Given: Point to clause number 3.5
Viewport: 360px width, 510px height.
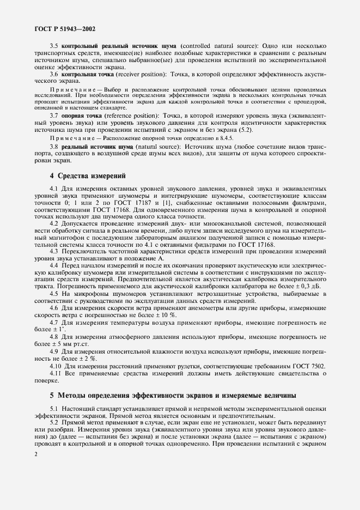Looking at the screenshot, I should tap(55, 45).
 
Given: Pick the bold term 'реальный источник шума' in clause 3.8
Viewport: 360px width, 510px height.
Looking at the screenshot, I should tap(98, 147).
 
